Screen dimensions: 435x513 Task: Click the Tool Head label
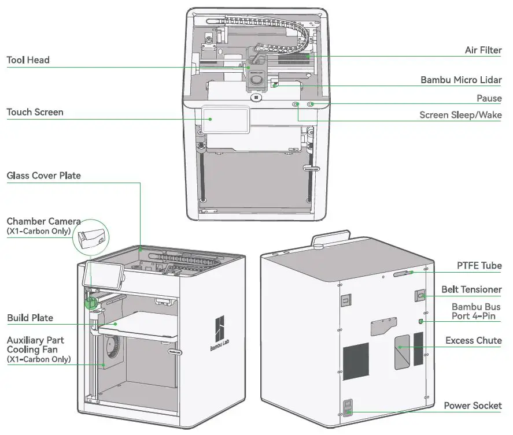(28, 60)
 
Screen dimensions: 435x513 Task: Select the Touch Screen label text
(35, 112)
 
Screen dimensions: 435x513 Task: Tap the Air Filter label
(483, 50)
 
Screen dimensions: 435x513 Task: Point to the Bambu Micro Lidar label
(461, 80)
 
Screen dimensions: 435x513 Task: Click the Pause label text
(489, 99)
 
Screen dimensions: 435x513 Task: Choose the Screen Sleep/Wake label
(460, 115)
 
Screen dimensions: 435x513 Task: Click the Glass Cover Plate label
(43, 175)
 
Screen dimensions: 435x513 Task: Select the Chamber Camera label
(43, 221)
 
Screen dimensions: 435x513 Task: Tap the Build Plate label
(30, 318)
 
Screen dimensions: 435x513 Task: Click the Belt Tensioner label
(471, 289)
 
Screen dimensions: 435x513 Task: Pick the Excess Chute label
(473, 340)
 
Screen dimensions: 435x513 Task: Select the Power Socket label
(473, 406)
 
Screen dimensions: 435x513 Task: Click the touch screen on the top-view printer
(225, 120)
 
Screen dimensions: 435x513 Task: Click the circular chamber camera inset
(91, 236)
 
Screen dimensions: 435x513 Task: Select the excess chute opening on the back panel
(402, 350)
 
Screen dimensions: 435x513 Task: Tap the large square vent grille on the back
(356, 360)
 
